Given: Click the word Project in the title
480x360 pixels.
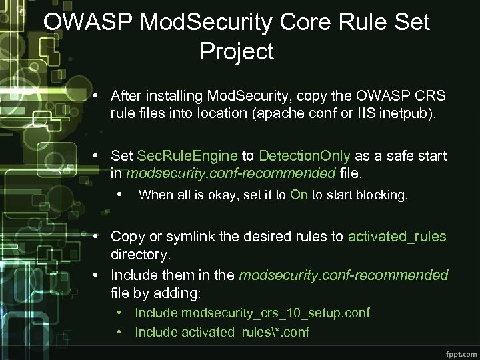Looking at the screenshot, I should tap(237, 51).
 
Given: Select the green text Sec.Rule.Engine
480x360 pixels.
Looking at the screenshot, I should tap(187, 156).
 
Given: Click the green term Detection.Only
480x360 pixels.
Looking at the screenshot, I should tap(305, 156).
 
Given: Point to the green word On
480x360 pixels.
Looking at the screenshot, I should tap(299, 195).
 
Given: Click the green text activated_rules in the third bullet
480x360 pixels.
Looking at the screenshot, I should tap(397, 237).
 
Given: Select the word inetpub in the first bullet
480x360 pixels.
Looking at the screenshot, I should tap(406, 113).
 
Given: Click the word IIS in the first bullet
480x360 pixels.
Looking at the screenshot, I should tap(364, 113).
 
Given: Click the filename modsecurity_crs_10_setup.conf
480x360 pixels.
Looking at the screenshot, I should tap(275, 313).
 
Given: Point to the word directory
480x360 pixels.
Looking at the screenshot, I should tap(139, 255).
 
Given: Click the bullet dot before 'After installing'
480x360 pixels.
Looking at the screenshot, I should tap(97, 95).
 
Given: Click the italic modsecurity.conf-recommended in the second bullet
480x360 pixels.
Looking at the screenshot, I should tap(231, 174).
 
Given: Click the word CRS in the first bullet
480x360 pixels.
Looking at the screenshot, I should tap(430, 95).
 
